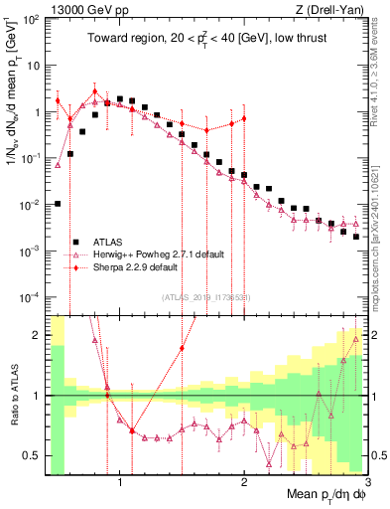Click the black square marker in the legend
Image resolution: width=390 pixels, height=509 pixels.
[x=75, y=242]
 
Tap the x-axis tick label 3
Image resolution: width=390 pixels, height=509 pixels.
[x=366, y=483]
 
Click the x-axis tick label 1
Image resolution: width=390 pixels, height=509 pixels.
[x=120, y=483]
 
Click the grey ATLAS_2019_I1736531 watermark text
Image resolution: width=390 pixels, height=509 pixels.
[x=205, y=296]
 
